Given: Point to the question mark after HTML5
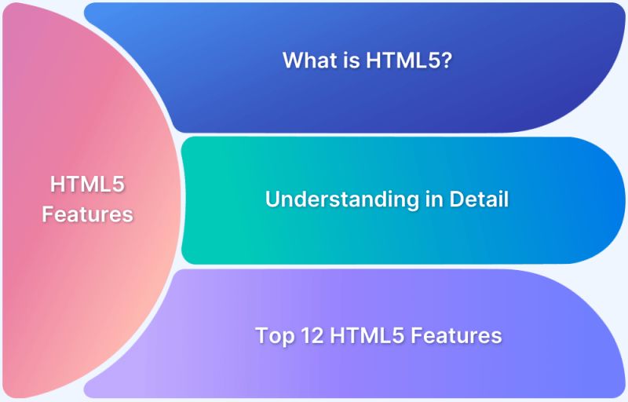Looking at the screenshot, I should [x=445, y=60].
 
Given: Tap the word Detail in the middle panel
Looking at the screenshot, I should [x=479, y=199].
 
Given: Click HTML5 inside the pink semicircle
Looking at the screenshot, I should [x=88, y=185].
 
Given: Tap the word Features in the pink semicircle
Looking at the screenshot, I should [x=88, y=214].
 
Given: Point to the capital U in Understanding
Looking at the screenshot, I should [x=272, y=199].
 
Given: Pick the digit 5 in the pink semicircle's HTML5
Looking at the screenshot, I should [x=120, y=185].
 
